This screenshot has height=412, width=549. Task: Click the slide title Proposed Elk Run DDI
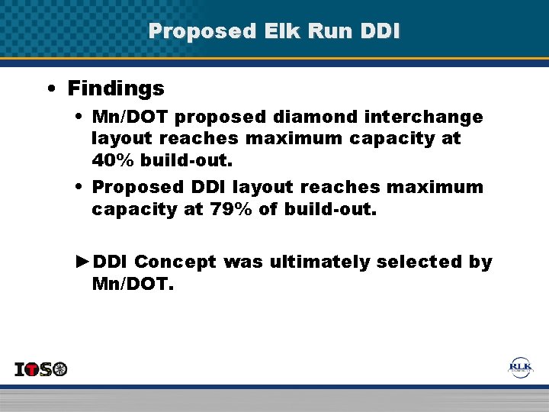pos(274,31)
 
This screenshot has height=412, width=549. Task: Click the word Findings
pos(116,89)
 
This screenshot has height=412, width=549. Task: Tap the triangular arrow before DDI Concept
pos(83,262)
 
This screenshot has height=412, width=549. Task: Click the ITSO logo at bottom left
pos(41,369)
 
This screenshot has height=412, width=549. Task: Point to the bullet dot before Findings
pos(50,89)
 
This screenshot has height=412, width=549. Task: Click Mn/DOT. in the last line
pos(133,285)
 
